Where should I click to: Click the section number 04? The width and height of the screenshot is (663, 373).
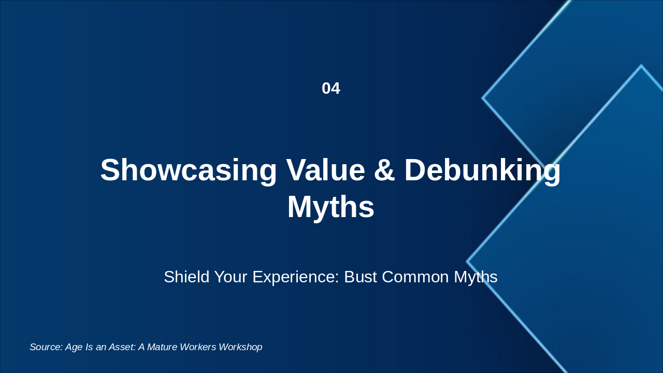331,89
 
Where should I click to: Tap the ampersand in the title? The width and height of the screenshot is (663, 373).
384,170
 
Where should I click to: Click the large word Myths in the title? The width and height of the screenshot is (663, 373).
330,207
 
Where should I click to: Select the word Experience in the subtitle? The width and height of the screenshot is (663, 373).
294,277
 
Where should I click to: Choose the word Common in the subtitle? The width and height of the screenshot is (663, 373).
415,277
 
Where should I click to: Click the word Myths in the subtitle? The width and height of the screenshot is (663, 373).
475,277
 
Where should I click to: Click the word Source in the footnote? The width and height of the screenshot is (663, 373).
46,347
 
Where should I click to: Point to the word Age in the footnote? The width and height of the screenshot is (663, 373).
74,347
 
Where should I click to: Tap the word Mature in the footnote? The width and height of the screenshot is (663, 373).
164,347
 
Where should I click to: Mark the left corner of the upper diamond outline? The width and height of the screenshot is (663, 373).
483,98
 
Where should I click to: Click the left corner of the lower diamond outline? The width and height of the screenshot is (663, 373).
467,262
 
